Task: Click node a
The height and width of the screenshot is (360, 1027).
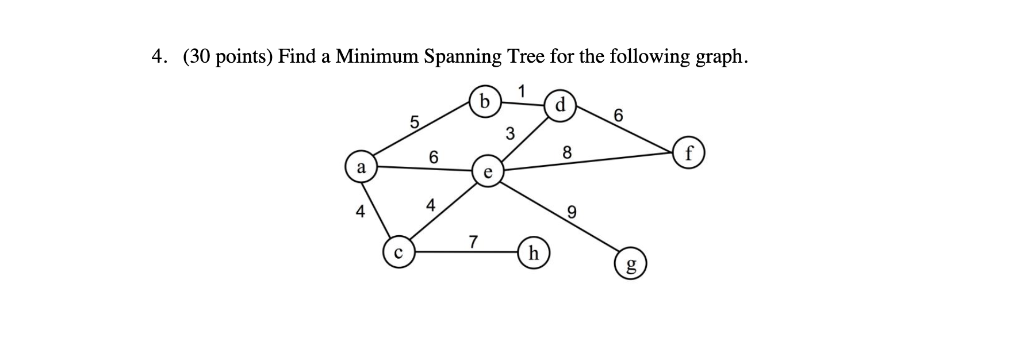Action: [361, 167]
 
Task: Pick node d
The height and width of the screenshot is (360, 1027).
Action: [560, 105]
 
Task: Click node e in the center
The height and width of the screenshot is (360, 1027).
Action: [487, 172]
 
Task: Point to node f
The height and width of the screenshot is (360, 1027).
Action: [688, 152]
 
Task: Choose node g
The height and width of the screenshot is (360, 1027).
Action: [631, 265]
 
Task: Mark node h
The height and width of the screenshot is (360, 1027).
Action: [534, 253]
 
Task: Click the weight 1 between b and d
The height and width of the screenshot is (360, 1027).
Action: [521, 90]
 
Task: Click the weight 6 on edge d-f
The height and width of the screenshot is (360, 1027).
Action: [618, 115]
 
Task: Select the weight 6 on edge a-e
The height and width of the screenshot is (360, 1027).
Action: [434, 156]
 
